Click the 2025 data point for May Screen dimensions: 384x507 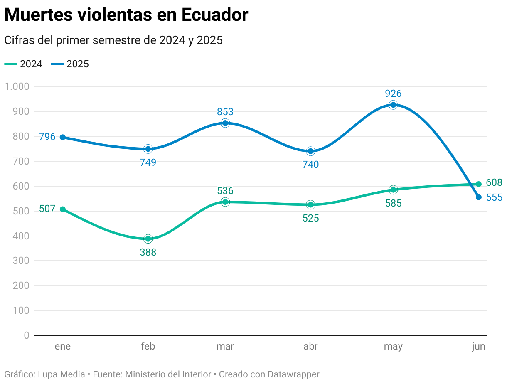click(393, 105)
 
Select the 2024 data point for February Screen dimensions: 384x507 click(148, 239)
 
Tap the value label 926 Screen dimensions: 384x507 click(393, 94)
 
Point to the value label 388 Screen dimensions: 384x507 click(148, 252)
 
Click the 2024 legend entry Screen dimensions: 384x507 click(24, 64)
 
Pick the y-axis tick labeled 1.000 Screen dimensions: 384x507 click(17, 86)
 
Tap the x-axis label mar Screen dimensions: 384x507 click(225, 347)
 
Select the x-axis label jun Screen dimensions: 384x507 click(478, 347)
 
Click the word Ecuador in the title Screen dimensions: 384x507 click(215, 15)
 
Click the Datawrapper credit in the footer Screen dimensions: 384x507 click(293, 374)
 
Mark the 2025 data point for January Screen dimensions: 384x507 click(63, 137)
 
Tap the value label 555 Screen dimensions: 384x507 click(494, 198)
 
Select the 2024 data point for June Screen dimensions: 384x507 click(479, 184)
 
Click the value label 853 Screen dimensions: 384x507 click(225, 112)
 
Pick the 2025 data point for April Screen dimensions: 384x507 click(310, 151)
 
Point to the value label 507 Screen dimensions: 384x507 click(47, 209)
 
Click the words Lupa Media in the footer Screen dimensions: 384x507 click(61, 374)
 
